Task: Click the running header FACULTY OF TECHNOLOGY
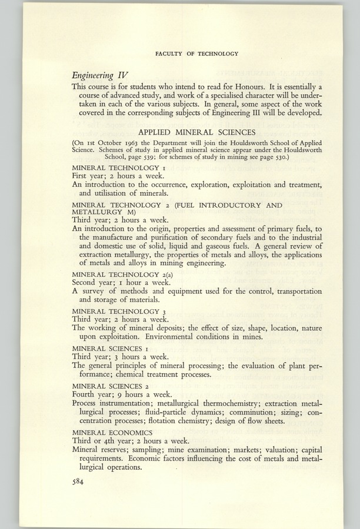pos(196,53)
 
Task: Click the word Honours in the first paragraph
pos(262,86)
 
